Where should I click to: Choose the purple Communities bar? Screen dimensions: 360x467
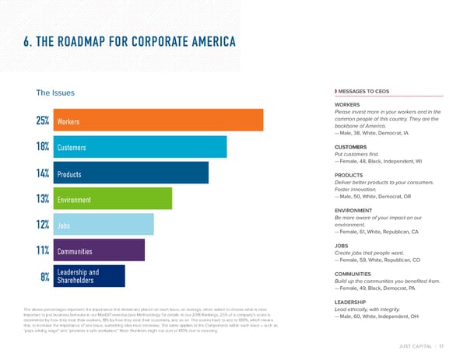click(97, 250)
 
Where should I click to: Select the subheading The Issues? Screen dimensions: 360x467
click(55, 93)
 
